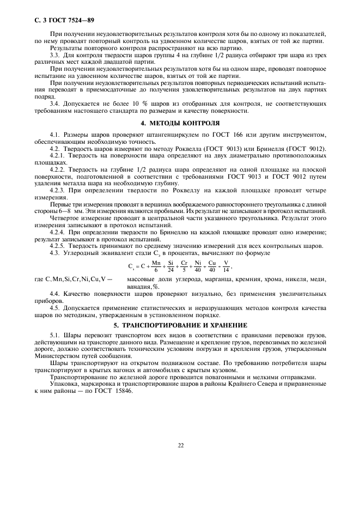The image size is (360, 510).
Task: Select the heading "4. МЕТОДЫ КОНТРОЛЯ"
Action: [x=180, y=123]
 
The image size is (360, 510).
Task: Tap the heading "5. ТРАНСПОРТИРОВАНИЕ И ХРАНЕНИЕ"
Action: [x=180, y=325]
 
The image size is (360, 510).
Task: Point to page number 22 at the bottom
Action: [x=180, y=445]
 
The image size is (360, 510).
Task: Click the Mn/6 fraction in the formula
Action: [x=156, y=266]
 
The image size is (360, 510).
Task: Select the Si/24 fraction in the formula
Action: [x=170, y=266]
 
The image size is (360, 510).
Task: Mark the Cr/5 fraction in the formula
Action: [x=184, y=266]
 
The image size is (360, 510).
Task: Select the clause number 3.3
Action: [x=55, y=55]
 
